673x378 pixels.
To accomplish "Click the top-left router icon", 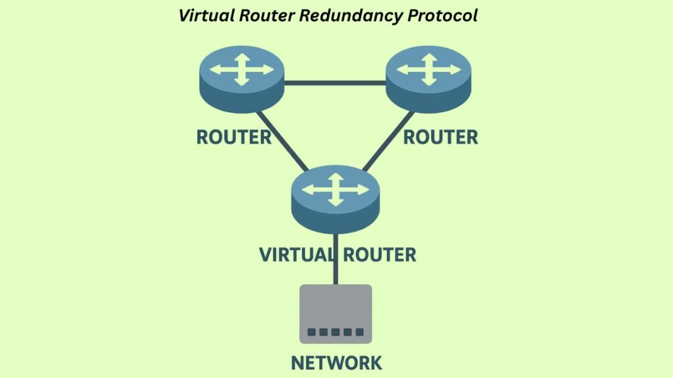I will (x=242, y=79).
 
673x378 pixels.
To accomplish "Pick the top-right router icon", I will (x=429, y=79).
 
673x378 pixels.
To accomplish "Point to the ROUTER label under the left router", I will (x=234, y=137).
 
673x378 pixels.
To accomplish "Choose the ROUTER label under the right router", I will (x=440, y=137).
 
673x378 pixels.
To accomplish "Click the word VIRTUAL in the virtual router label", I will (x=296, y=255).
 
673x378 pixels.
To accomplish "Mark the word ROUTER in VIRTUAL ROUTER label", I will (x=379, y=255).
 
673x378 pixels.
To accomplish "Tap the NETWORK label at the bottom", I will (x=336, y=363).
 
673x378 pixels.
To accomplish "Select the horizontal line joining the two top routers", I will (x=335, y=83).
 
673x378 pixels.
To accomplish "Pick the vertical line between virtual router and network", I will (x=335, y=274).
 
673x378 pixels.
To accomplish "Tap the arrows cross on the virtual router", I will (x=335, y=188).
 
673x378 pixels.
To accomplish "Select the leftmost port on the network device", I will (x=311, y=332).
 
